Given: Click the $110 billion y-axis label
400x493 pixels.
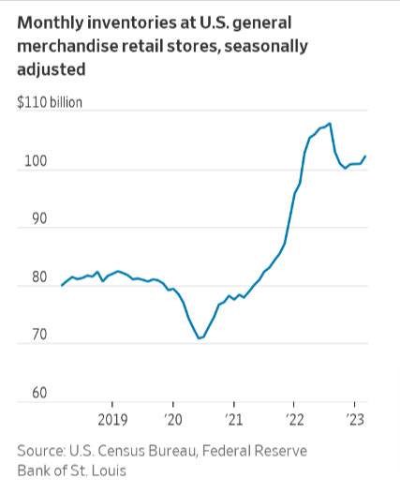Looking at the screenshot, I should coord(50,101).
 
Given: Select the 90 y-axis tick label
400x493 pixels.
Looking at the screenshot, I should coord(26,219).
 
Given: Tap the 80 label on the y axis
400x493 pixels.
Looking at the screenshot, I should coord(26,277).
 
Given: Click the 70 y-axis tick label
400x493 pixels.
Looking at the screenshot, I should coord(26,336).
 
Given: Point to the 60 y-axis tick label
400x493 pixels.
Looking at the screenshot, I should coord(26,394).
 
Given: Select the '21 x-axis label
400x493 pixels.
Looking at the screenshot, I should coord(234,417).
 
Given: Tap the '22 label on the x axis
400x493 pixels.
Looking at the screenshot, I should coord(295,417).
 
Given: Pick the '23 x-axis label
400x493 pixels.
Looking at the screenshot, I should coord(356,417).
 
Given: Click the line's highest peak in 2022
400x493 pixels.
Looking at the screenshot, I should coord(330,124).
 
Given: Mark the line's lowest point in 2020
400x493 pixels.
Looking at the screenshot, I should coord(199,338).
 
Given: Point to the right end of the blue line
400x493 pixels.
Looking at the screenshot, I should coord(365,156).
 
